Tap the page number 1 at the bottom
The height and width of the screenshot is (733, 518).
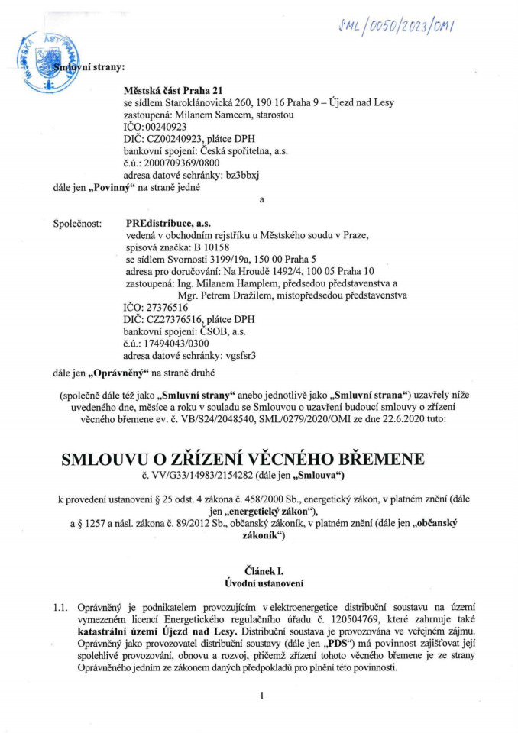261,696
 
